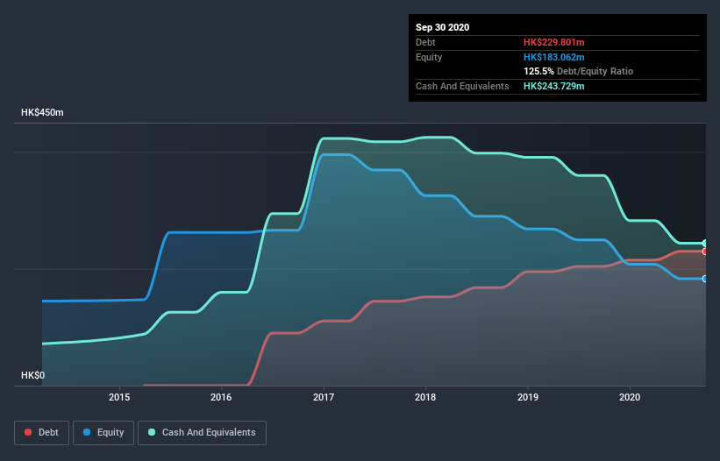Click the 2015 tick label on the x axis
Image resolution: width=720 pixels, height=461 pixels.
coord(119,397)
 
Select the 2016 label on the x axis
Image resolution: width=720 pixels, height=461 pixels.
coord(221,397)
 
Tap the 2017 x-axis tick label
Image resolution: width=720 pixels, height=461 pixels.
coord(324,397)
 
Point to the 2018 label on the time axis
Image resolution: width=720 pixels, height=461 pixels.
coord(425,397)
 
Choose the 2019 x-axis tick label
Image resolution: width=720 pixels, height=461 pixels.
coord(528,397)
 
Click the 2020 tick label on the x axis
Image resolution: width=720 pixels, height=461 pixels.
coord(630,397)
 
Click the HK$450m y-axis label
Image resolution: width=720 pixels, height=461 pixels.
coord(43,113)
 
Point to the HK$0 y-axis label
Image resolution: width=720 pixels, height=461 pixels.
coord(32,375)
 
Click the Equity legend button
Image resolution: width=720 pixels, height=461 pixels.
coord(103,432)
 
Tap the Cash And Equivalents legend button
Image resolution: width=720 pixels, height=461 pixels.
coord(202,432)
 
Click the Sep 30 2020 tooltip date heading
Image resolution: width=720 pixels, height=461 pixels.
coord(443,27)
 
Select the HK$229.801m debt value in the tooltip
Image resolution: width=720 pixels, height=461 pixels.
coord(554,42)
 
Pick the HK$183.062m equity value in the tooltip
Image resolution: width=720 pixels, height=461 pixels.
coord(554,57)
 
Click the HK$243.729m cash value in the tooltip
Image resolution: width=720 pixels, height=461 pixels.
coord(554,86)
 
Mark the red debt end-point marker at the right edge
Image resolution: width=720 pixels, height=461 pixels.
coord(705,252)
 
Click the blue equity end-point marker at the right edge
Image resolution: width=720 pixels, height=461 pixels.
coord(705,279)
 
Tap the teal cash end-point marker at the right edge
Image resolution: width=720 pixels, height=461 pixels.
coord(705,243)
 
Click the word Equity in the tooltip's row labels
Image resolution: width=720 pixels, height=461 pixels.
coord(430,57)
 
